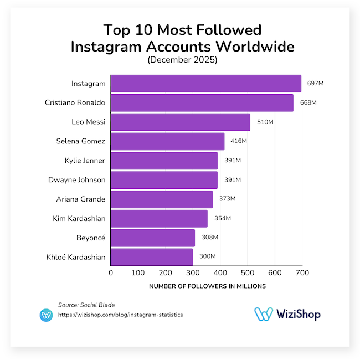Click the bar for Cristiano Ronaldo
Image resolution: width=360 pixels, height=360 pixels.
pyautogui.click(x=202, y=103)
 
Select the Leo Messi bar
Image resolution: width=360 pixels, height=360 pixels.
pyautogui.click(x=181, y=122)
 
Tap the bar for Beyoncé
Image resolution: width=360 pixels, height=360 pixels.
pyautogui.click(x=153, y=238)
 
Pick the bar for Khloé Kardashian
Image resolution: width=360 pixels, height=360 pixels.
pyautogui.click(x=152, y=257)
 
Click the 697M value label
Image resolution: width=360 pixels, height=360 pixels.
pyautogui.click(x=316, y=84)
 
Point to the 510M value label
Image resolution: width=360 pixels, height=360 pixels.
pyautogui.click(x=265, y=122)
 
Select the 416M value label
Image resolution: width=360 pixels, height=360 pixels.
pyautogui.click(x=239, y=141)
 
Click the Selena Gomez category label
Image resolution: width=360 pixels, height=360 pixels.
pyautogui.click(x=80, y=141)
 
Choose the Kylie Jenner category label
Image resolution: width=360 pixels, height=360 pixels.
pyautogui.click(x=84, y=161)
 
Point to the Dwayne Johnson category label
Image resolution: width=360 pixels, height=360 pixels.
pyautogui.click(x=76, y=180)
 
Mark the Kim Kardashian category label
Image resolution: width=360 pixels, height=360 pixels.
pyautogui.click(x=78, y=218)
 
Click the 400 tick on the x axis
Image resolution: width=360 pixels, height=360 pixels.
pyautogui.click(x=220, y=272)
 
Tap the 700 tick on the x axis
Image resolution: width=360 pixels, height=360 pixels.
pyautogui.click(x=301, y=272)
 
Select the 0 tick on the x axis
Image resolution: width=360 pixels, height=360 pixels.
pyautogui.click(x=111, y=272)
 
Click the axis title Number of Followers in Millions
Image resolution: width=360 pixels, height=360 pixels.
pyautogui.click(x=207, y=286)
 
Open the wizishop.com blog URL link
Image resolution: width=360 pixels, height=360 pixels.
pyautogui.click(x=120, y=315)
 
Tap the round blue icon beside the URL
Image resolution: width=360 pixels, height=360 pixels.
pyautogui.click(x=46, y=315)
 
